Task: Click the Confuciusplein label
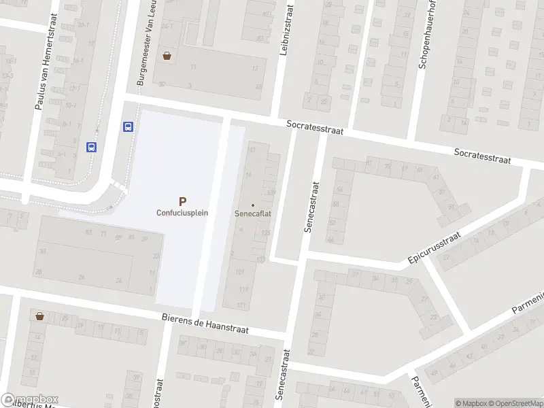[182, 212]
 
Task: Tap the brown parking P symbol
[182, 201]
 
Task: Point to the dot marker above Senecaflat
[253, 205]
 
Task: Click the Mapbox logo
[30, 399]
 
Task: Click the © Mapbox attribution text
[471, 403]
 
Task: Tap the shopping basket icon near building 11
[167, 56]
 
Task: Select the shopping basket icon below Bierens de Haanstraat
[40, 316]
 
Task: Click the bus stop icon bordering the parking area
[127, 126]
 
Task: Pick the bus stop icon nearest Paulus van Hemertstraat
[91, 146]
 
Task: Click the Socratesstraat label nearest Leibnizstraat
[315, 127]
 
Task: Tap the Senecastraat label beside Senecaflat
[312, 207]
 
